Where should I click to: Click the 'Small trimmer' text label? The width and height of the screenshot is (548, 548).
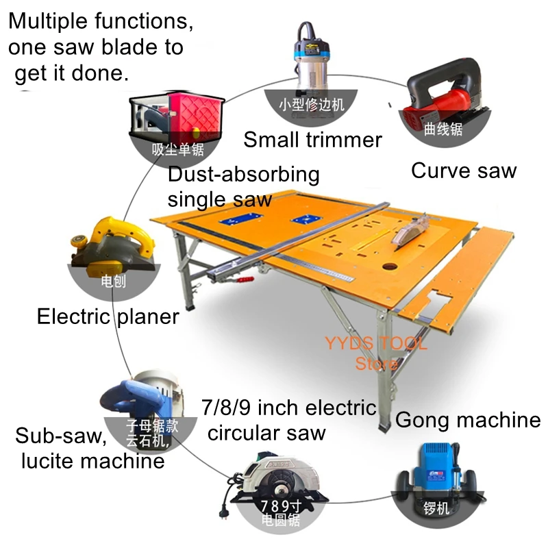coord(312,140)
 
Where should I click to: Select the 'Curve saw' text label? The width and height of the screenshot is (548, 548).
coord(463,171)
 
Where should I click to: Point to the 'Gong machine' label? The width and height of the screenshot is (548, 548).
coord(468,419)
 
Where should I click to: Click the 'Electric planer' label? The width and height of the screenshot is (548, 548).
coord(108,316)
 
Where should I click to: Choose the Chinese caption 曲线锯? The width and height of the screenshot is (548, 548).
coord(444,129)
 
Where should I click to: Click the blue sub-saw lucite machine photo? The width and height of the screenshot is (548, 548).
coord(137,397)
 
